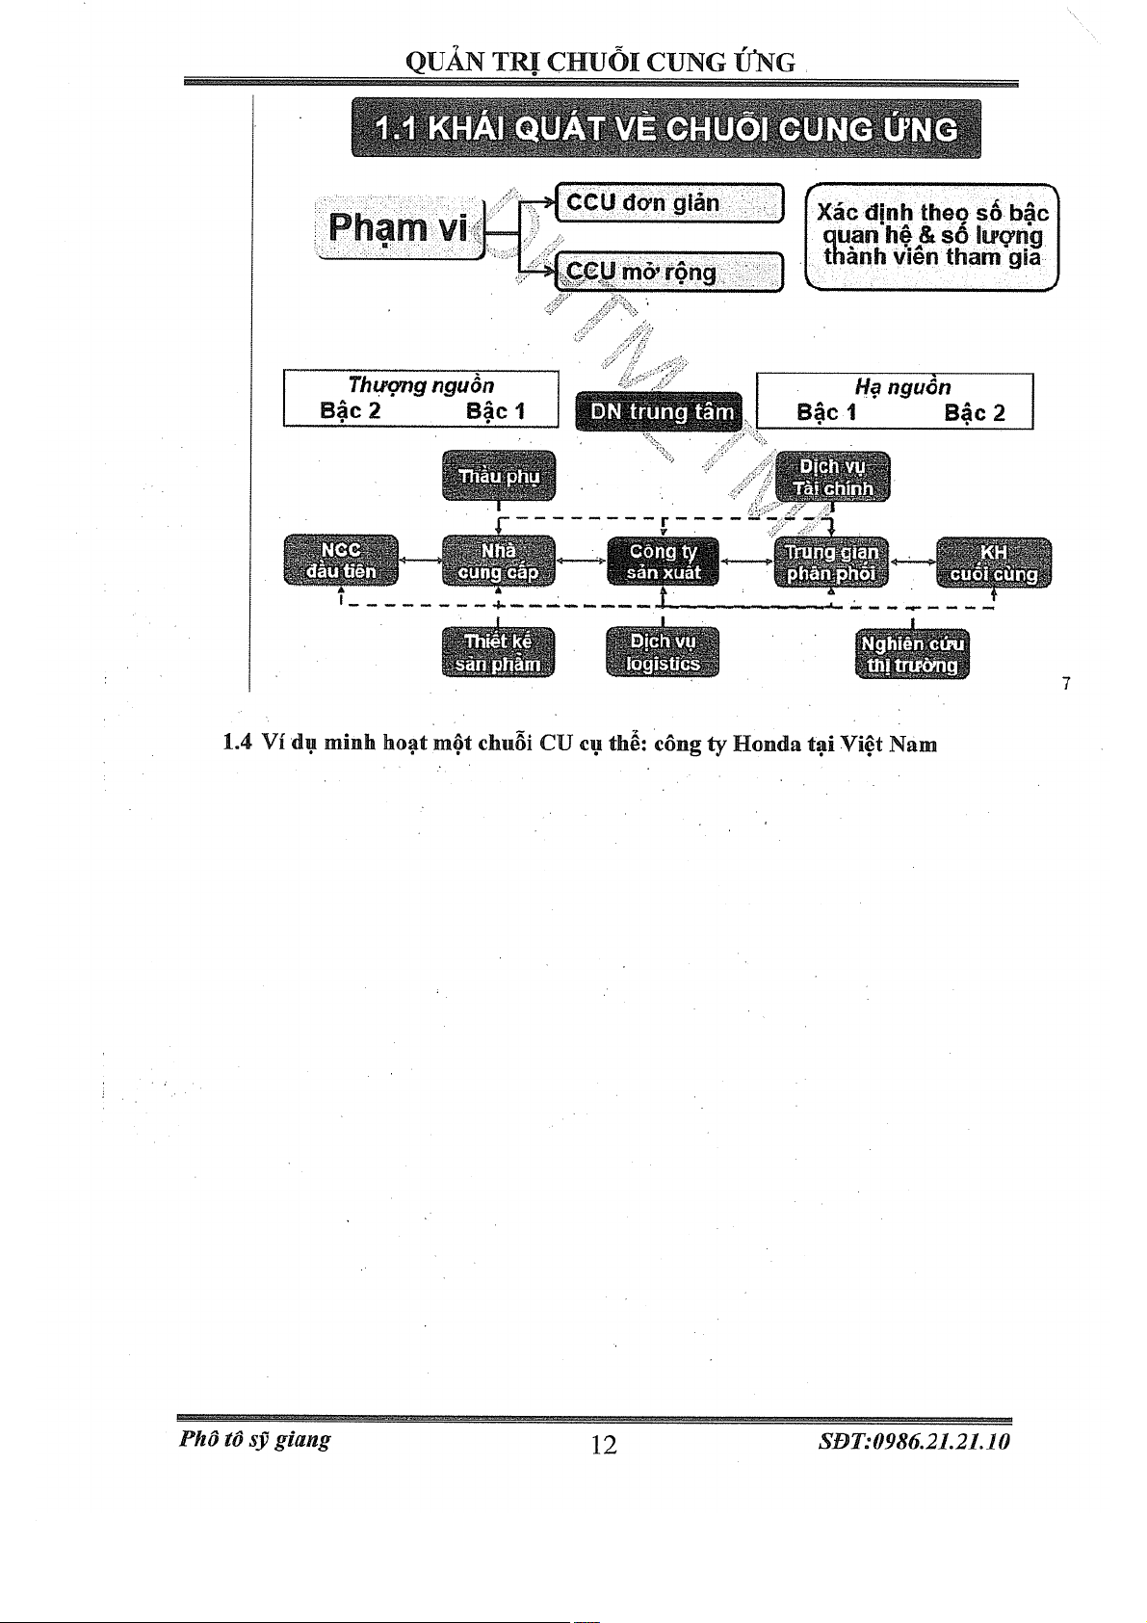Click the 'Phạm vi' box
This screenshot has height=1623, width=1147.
coord(398,228)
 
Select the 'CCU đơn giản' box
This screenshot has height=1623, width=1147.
coord(670,202)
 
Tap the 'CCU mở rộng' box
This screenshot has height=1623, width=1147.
coord(670,272)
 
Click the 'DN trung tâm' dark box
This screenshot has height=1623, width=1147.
coord(661,411)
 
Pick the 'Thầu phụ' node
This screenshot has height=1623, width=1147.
coord(499,475)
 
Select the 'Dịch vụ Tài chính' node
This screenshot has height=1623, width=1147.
coord(832,477)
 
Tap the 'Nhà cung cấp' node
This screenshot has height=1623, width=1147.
coord(499,561)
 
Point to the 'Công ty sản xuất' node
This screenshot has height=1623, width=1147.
coord(663,562)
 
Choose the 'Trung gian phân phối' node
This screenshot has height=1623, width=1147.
coord(832,563)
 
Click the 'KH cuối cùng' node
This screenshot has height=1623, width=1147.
coord(994,563)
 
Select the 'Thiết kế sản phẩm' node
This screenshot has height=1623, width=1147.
coord(499,652)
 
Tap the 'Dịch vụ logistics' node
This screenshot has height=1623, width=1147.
coord(663,652)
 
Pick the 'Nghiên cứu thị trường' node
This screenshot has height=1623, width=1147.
coord(912,654)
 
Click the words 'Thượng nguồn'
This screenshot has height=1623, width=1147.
coord(421,385)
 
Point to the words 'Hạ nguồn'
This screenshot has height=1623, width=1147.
coord(902,387)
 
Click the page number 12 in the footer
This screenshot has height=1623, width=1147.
coord(604,1444)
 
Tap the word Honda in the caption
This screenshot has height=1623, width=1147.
coord(767,744)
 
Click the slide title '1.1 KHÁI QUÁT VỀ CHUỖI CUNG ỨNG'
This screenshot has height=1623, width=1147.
coord(666,129)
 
